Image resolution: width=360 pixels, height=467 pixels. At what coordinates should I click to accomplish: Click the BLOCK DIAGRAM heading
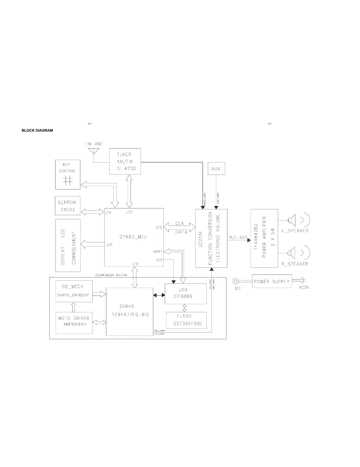[x=37, y=130]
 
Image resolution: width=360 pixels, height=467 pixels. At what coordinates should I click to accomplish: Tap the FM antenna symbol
[x=94, y=151]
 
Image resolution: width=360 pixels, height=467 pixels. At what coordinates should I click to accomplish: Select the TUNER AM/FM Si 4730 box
[x=125, y=161]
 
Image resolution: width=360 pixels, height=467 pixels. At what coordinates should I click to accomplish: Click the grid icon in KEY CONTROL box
[x=68, y=180]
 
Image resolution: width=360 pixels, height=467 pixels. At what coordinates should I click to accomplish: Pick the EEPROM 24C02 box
[x=68, y=206]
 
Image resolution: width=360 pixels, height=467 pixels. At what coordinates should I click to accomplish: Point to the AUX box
[x=216, y=169]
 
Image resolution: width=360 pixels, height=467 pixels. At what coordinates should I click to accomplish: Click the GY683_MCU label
[x=133, y=237]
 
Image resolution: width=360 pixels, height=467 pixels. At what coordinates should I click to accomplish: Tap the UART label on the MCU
[x=158, y=252]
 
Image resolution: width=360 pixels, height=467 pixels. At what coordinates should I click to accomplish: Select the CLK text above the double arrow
[x=180, y=223]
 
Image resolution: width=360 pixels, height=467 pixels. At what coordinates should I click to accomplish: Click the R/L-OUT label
[x=238, y=237]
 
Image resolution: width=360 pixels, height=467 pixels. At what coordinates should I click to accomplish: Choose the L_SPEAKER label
[x=295, y=231]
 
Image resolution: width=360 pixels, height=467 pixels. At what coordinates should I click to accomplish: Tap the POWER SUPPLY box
[x=272, y=281]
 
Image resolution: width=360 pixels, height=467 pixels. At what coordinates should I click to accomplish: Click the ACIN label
[x=304, y=287]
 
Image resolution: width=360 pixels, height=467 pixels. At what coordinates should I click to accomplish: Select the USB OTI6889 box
[x=185, y=294]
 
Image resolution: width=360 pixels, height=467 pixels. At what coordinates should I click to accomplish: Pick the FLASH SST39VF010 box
[x=186, y=320]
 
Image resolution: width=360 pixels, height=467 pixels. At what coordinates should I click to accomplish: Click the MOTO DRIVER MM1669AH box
[x=74, y=323]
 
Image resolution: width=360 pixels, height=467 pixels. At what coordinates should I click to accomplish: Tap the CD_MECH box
[x=74, y=291]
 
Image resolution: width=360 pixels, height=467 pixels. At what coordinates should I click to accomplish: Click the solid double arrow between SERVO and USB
[x=159, y=295]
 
